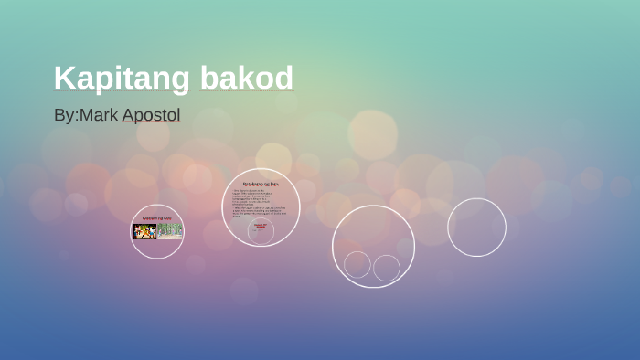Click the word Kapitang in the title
point(122,78)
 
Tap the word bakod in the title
point(246,78)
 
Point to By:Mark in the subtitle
point(86,115)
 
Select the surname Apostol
point(151,115)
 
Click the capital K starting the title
point(63,78)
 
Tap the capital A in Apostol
point(129,115)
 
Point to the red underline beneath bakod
point(246,91)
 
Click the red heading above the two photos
point(157,217)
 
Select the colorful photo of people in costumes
point(144,231)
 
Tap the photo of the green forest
point(169,231)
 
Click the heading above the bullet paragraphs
point(261,184)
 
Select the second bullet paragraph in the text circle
point(261,210)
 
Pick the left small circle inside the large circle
point(357,265)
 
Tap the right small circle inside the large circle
point(387,268)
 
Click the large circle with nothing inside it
point(476,227)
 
